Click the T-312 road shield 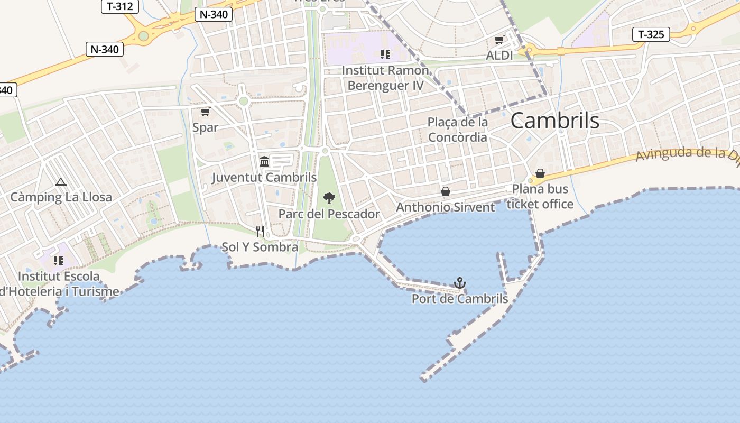click(119, 6)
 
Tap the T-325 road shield click(651, 35)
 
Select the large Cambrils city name click(554, 121)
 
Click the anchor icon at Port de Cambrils click(460, 283)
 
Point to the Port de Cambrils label click(460, 299)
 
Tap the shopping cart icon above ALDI click(499, 40)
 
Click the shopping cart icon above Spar click(205, 112)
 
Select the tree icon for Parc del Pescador click(329, 199)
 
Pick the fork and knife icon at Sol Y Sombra click(260, 232)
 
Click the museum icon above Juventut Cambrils click(264, 161)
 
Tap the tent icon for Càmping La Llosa click(61, 182)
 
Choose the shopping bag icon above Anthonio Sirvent click(446, 191)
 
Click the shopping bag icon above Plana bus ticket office click(540, 173)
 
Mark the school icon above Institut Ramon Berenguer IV click(385, 54)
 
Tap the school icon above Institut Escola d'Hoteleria click(59, 260)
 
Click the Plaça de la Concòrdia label click(458, 130)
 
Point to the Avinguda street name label click(687, 154)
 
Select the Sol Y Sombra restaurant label click(260, 247)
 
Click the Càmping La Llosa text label click(61, 197)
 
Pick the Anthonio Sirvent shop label click(446, 207)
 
